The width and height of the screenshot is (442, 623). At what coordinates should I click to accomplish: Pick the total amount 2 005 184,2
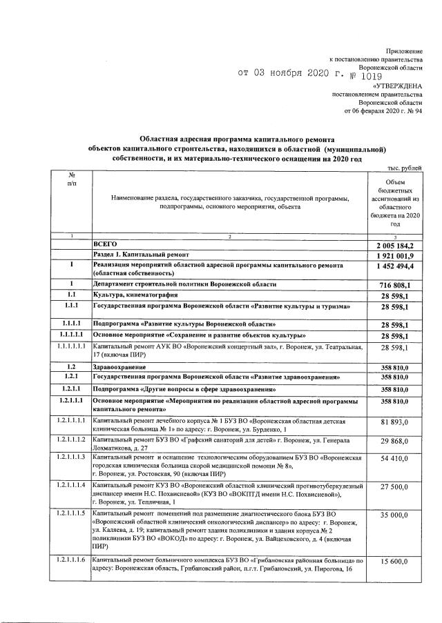point(394,246)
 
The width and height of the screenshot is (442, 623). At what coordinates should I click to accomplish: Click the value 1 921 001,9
point(394,256)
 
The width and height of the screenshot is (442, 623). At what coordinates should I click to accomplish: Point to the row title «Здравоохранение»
point(117,368)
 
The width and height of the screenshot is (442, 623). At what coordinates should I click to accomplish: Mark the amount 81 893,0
point(396,422)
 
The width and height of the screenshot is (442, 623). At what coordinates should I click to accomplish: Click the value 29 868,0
point(396,442)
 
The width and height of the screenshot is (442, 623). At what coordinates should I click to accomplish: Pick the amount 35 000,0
point(396,515)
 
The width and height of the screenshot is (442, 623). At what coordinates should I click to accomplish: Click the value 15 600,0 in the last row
point(396,562)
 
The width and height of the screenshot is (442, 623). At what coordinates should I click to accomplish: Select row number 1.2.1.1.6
point(71,558)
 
